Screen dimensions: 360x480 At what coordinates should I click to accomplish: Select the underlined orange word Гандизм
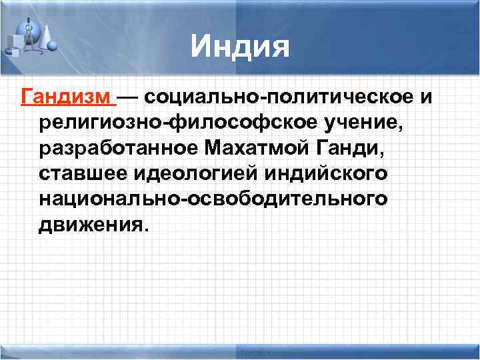click(66, 98)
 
